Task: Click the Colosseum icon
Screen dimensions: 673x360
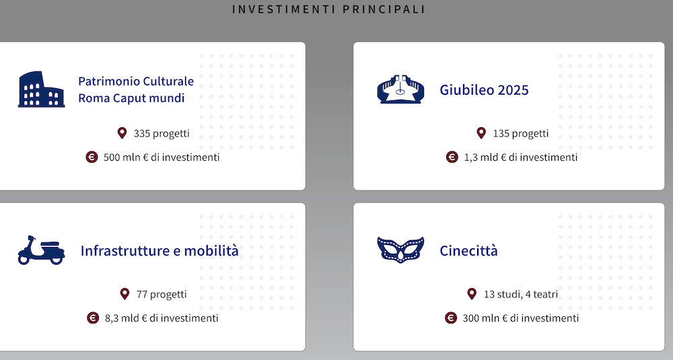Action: pyautogui.click(x=41, y=89)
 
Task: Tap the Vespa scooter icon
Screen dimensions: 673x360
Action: pyautogui.click(x=41, y=250)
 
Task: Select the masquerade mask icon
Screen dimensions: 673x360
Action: pyautogui.click(x=400, y=250)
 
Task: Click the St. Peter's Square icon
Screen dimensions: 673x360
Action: pyautogui.click(x=400, y=89)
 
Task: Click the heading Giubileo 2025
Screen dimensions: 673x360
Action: pyautogui.click(x=484, y=90)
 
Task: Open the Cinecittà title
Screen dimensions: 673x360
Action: pyautogui.click(x=468, y=250)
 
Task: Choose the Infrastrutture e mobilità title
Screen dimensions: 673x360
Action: pyautogui.click(x=160, y=250)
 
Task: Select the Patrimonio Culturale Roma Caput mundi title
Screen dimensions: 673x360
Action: pyautogui.click(x=136, y=89)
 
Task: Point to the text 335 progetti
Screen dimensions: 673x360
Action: pyautogui.click(x=162, y=133)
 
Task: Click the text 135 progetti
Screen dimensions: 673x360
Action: pyautogui.click(x=521, y=133)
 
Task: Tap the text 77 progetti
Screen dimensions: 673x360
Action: pyautogui.click(x=162, y=294)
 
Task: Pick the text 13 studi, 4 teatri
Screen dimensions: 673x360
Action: pyautogui.click(x=521, y=294)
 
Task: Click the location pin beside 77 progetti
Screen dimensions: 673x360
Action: pyautogui.click(x=125, y=294)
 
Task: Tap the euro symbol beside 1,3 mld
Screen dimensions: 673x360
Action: pyautogui.click(x=452, y=157)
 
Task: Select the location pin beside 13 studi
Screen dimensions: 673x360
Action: pyautogui.click(x=472, y=294)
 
